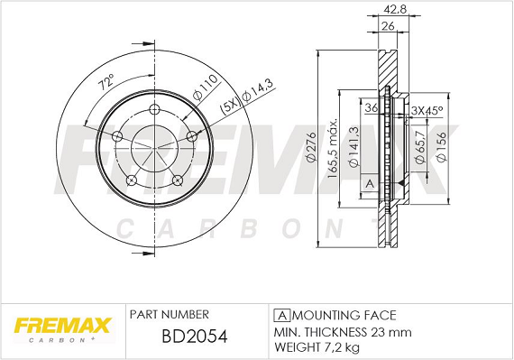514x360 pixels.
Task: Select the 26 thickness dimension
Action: (388, 26)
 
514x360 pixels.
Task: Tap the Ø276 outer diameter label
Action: (311, 147)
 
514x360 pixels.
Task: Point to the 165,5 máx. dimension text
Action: (333, 148)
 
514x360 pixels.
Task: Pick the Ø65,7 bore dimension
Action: (420, 146)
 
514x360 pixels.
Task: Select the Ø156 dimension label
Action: (441, 146)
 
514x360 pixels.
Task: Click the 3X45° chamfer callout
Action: (427, 110)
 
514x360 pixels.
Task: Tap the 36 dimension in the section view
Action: (372, 107)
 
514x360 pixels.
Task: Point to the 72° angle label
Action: (107, 82)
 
